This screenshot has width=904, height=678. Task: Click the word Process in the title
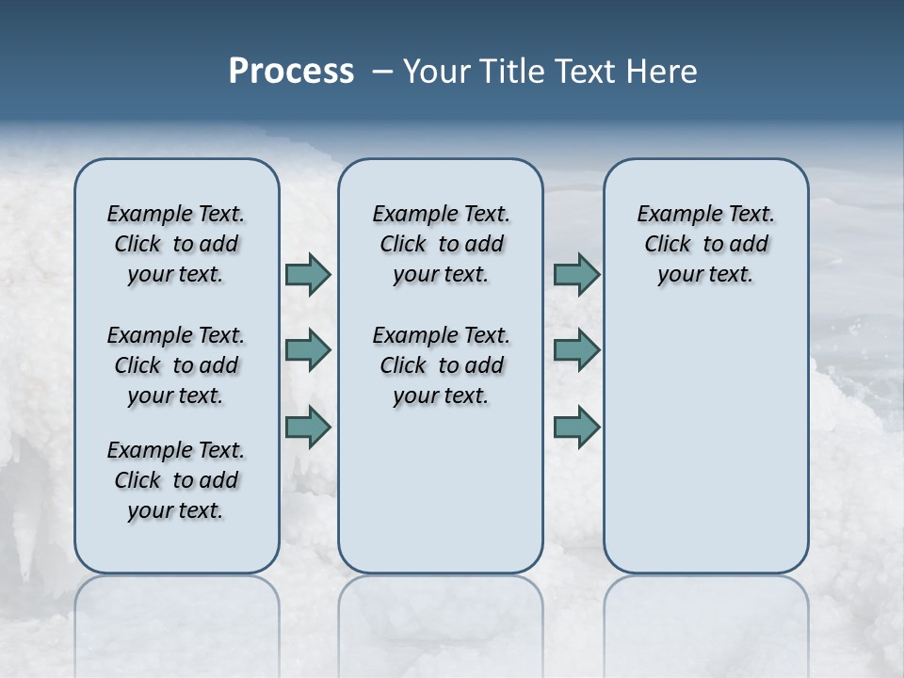[291, 71]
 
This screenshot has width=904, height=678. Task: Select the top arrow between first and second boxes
[308, 274]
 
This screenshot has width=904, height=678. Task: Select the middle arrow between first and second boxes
[308, 350]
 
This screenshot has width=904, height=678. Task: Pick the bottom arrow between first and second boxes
[308, 427]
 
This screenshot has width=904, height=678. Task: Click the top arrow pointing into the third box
[576, 274]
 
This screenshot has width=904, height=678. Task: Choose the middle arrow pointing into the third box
[576, 350]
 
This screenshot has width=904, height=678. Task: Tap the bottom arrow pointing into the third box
[576, 427]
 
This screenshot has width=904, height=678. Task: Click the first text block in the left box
[176, 244]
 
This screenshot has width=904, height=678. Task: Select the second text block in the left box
[176, 365]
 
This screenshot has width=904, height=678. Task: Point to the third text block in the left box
[176, 480]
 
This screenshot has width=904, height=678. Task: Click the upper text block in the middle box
[441, 244]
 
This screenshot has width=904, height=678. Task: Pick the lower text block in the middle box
[441, 365]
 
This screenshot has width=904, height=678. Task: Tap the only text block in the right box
[705, 244]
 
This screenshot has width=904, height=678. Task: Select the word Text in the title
[581, 71]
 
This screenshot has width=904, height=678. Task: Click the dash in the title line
[382, 72]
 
